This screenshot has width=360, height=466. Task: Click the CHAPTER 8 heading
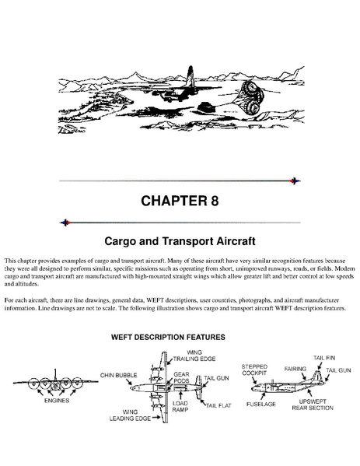click(180, 201)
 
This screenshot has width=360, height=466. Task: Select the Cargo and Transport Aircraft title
click(180, 241)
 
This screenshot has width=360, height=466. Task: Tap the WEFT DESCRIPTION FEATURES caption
click(168, 338)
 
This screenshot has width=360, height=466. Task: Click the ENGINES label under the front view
click(57, 401)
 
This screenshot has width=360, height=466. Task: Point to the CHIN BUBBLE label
click(118, 375)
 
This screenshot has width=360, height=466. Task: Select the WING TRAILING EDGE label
click(194, 356)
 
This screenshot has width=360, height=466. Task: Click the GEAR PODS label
click(181, 377)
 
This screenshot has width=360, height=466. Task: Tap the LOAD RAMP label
click(180, 406)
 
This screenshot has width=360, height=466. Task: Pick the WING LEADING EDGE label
click(130, 415)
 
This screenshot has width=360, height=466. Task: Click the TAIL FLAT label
click(218, 405)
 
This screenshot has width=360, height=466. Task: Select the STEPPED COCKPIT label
click(254, 370)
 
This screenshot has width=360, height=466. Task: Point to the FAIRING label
click(295, 369)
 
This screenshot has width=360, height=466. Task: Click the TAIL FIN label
click(324, 358)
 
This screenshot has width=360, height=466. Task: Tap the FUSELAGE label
click(261, 405)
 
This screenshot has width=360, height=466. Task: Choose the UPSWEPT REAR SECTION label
click(313, 405)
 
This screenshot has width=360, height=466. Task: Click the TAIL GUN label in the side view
click(338, 370)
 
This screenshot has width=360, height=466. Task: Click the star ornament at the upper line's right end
click(295, 180)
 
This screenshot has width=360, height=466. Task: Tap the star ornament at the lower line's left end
click(65, 222)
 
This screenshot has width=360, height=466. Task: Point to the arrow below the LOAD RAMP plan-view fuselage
click(180, 395)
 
